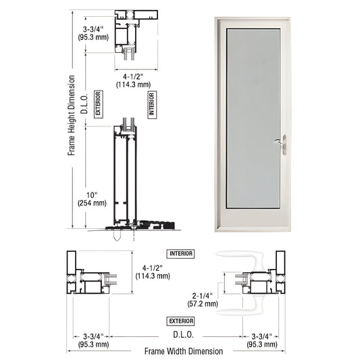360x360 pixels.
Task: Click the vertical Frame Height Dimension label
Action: [71, 115]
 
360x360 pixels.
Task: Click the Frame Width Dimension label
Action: [183, 351]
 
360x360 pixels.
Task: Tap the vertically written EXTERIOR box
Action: [98, 105]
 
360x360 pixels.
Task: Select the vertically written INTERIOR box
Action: [151, 105]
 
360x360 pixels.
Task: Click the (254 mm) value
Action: [92, 202]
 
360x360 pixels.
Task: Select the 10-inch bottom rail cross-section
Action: [126, 176]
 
